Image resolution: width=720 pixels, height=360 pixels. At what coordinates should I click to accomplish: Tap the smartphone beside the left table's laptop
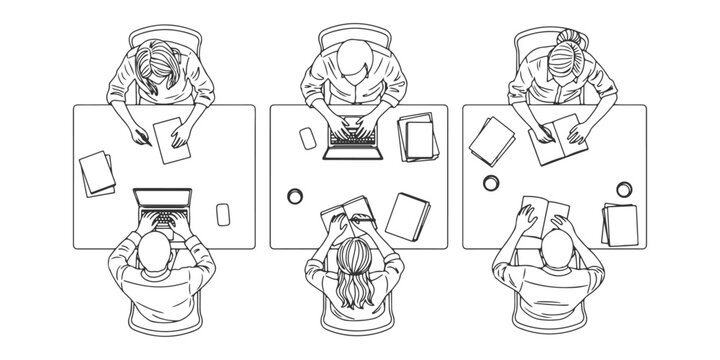pos(223,214)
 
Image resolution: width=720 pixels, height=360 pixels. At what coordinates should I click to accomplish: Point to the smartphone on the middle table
pos(308,138)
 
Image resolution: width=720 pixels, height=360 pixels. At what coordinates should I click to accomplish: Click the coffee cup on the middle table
pos(296,195)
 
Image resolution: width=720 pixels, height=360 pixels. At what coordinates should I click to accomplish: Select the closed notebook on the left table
pos(97,173)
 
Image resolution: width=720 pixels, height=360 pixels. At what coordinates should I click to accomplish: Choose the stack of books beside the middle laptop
pos(418,137)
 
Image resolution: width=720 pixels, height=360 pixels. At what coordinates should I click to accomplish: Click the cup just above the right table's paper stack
pos(625,189)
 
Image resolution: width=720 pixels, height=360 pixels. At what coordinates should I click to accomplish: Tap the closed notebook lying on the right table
pos(492,140)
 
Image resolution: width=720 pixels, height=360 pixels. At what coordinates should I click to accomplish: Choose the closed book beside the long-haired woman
pos(408,215)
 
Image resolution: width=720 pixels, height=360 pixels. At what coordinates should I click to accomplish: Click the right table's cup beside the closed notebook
pos(491,183)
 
